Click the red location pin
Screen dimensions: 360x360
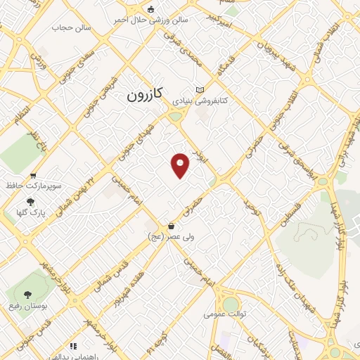point(181,165)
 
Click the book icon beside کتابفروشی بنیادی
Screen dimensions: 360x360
point(201,90)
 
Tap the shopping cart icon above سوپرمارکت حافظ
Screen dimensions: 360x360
point(32,176)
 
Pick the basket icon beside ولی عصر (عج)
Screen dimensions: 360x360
point(172,226)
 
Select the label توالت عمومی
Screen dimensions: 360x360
point(224,314)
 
